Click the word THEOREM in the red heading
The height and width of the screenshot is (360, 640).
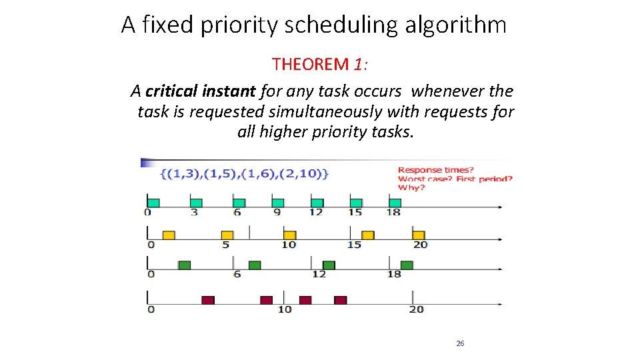[x=311, y=65]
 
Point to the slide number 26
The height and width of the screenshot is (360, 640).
[x=460, y=343]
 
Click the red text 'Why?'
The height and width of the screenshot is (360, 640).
[x=411, y=188]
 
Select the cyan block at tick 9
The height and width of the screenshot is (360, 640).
[x=278, y=203]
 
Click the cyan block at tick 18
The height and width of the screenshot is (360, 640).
[x=395, y=203]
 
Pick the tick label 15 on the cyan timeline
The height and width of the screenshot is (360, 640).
[x=355, y=213]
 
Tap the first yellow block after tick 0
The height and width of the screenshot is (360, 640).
[x=169, y=235]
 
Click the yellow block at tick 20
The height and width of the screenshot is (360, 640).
[x=419, y=235]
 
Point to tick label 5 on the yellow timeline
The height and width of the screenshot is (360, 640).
[x=226, y=245]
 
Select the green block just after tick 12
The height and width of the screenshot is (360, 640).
[x=329, y=265]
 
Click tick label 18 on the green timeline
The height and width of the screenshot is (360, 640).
[x=395, y=274]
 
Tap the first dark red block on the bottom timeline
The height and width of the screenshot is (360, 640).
[x=208, y=300]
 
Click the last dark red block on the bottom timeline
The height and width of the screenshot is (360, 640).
[x=341, y=300]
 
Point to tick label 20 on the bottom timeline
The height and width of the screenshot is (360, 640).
[x=417, y=309]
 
